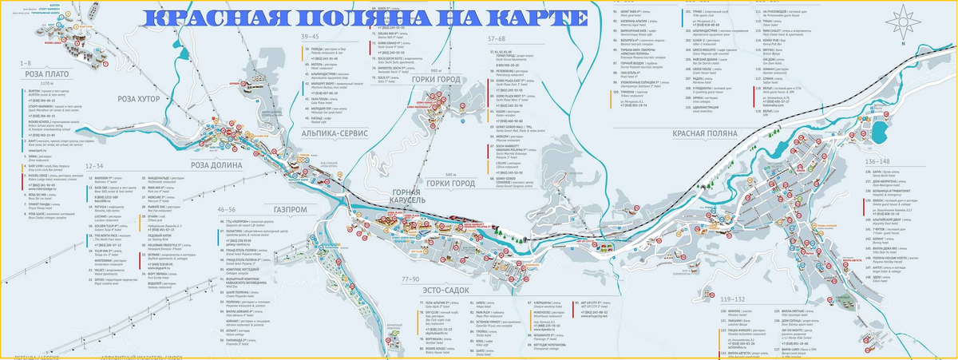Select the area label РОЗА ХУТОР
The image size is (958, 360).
(140, 99)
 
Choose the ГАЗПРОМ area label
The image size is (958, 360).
(290, 209)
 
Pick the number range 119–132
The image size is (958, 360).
(732, 299)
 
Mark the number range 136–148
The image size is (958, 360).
(877, 162)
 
